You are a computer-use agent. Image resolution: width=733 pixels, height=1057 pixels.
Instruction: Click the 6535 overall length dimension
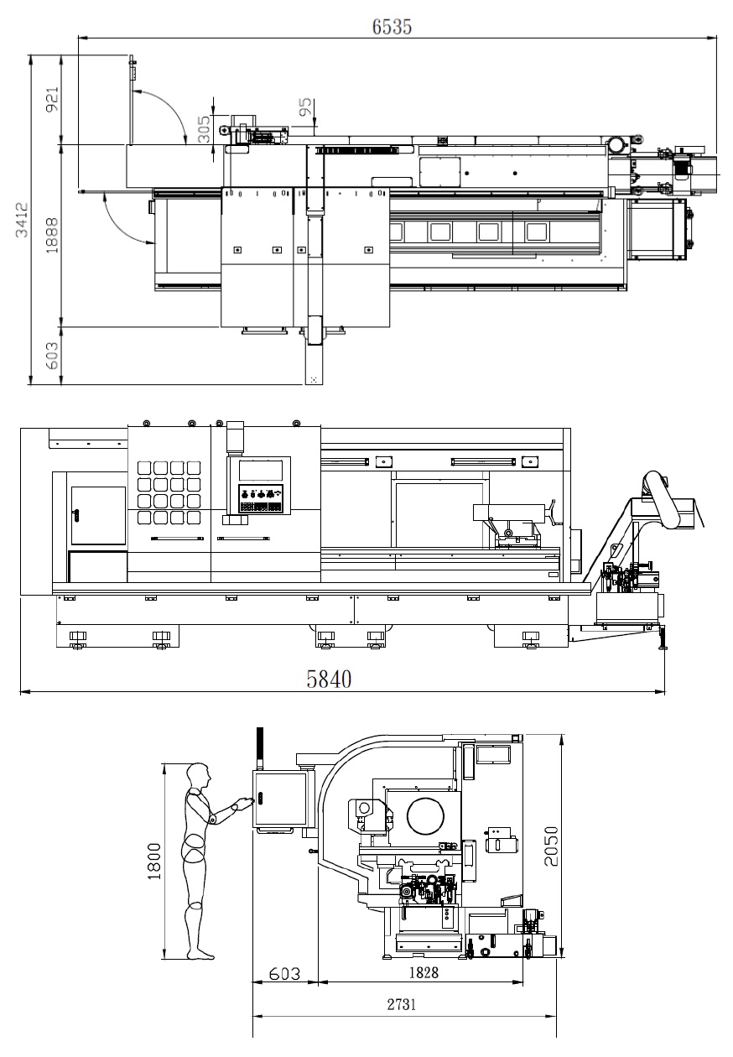coord(392,27)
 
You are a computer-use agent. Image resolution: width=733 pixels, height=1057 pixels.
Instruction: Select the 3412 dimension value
coord(22,220)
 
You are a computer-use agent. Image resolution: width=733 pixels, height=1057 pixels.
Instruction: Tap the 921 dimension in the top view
coord(52,99)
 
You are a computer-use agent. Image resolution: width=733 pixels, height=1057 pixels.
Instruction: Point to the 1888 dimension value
coord(52,235)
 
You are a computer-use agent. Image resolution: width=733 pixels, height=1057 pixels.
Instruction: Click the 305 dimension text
coord(204,129)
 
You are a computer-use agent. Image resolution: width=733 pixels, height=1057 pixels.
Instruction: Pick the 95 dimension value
coord(305,107)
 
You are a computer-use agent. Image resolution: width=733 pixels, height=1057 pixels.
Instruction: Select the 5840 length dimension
coord(329,679)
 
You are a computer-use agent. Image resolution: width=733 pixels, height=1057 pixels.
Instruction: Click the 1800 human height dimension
coord(154,862)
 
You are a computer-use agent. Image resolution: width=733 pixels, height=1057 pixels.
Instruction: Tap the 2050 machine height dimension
coord(551,846)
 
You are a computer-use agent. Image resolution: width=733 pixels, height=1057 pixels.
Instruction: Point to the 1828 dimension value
coord(424,972)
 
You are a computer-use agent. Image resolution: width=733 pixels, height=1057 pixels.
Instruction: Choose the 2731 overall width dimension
coord(402,1005)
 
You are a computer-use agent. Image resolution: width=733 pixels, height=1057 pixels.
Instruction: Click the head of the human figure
coord(197,775)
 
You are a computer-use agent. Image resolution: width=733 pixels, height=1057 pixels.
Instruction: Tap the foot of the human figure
coord(201,955)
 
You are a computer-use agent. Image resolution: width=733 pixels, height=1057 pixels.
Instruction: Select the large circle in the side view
coord(425,816)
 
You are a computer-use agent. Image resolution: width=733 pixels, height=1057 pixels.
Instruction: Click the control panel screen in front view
coord(260,471)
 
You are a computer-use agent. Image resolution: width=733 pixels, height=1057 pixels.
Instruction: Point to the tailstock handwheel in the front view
coord(552,512)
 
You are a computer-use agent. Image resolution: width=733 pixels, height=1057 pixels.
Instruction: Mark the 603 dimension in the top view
coord(52,356)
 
